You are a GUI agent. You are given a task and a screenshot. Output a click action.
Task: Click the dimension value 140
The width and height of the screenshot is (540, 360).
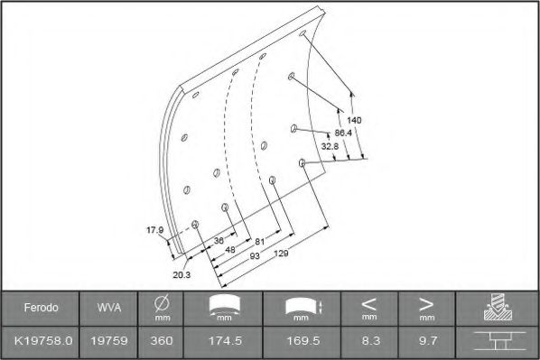tap(354, 120)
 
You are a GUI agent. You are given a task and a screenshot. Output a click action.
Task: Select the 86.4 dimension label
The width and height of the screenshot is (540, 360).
tap(343, 133)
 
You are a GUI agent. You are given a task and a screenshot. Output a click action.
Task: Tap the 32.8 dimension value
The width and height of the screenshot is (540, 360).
tap(330, 146)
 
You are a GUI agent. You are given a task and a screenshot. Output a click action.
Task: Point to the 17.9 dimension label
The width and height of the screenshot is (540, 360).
tap(155, 230)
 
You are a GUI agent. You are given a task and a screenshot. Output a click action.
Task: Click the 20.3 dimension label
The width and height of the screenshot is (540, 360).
tap(182, 274)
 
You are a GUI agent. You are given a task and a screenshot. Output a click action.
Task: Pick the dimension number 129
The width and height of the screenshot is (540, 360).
tap(281, 254)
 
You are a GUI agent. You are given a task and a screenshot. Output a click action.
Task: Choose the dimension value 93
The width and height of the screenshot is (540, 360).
tap(255, 256)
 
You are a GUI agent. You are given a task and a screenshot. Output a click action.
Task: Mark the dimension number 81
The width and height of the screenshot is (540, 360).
tap(260, 242)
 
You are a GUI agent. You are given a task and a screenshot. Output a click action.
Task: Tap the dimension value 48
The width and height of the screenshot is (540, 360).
tap(230, 249)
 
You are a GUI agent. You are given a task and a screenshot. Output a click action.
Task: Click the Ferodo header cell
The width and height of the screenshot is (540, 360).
tap(41, 308)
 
